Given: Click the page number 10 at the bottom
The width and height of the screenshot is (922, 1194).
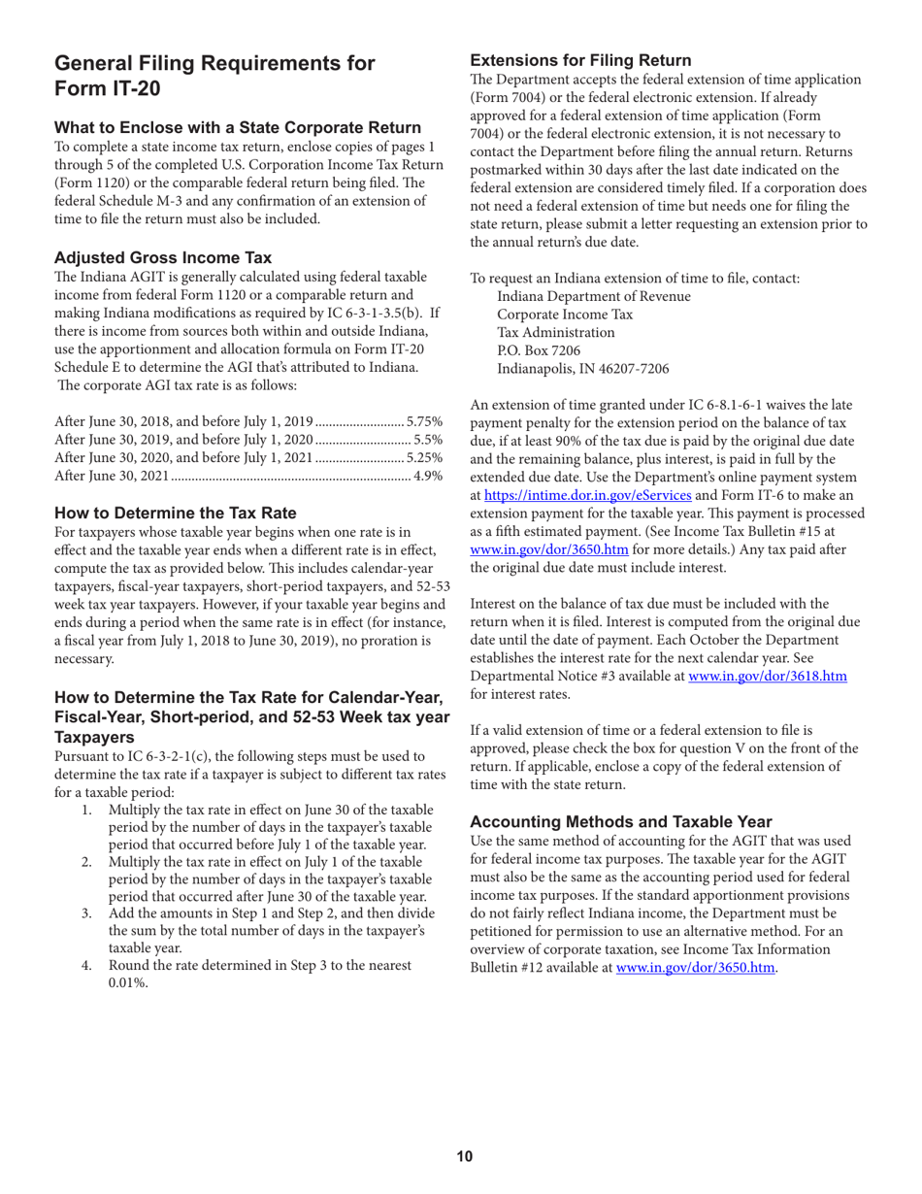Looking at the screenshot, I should pos(465,1155).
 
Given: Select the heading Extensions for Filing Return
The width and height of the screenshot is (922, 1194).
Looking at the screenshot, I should pos(580,60).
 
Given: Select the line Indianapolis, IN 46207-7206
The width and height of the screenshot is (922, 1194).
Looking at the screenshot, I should pos(582,368).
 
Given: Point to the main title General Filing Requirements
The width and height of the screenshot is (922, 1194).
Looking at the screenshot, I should pos(214,64).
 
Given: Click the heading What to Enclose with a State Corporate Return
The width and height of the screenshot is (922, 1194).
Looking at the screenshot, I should pos(238,127).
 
